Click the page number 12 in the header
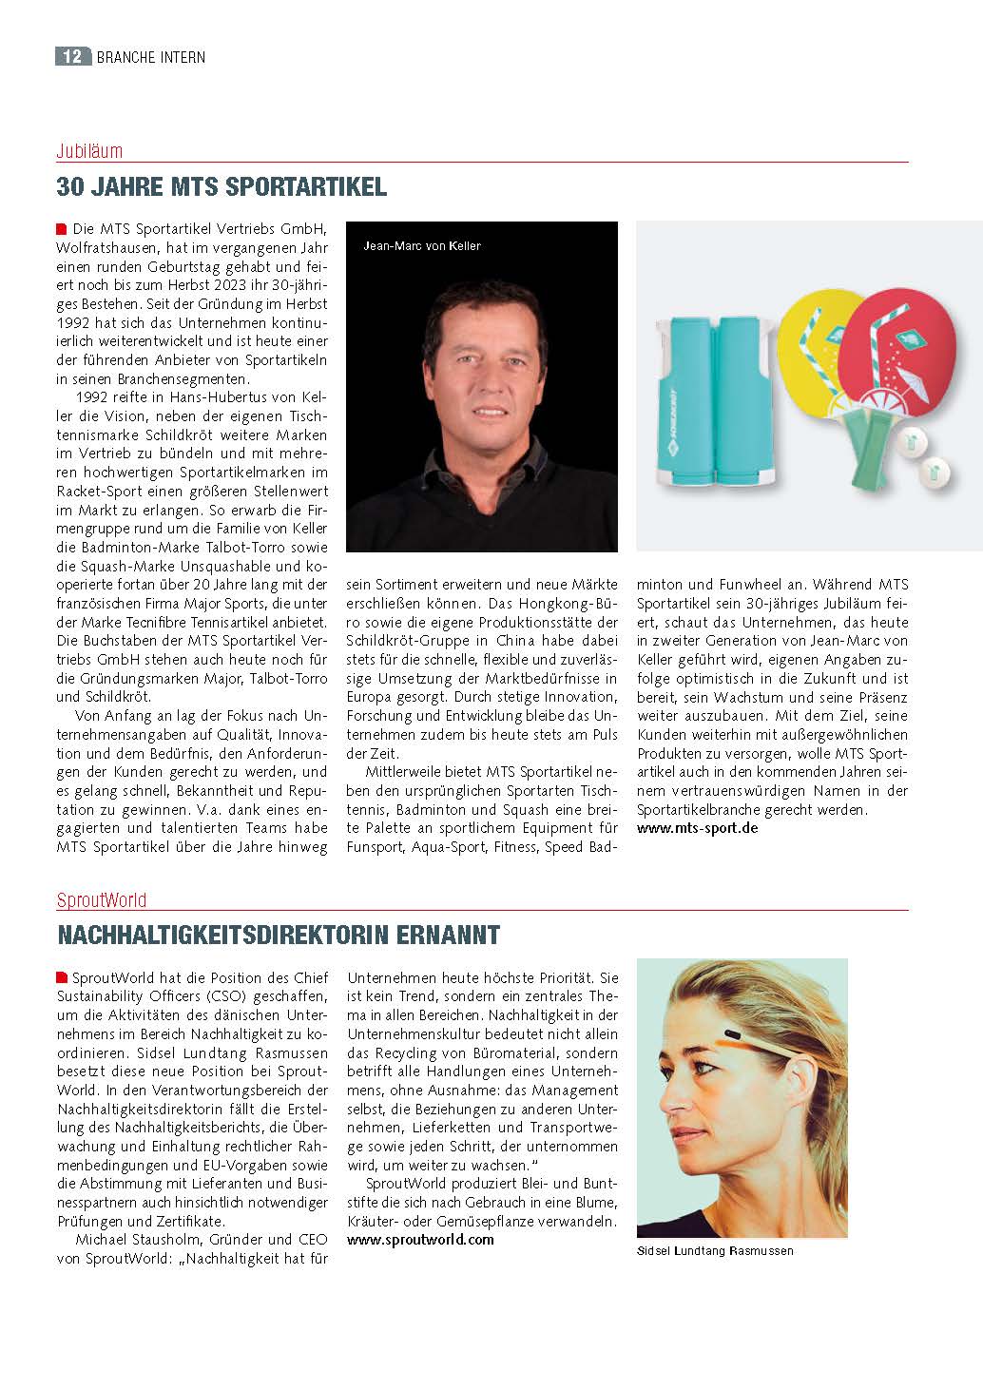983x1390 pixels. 72,57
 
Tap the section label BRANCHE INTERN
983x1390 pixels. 150,57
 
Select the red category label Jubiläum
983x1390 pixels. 89,151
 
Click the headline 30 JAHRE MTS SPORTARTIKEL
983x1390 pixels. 222,186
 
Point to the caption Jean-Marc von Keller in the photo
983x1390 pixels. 422,246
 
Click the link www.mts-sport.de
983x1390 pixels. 697,828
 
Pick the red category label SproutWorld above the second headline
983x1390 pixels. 102,899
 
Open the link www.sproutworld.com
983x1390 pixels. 420,1240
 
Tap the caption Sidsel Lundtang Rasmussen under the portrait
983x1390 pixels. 715,1251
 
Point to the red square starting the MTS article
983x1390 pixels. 62,229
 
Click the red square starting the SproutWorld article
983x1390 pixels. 62,977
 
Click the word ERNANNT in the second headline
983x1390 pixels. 449,936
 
